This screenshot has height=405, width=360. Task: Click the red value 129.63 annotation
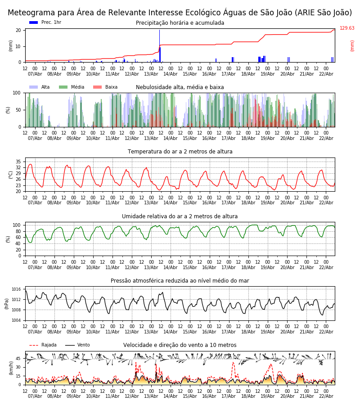point(346,28)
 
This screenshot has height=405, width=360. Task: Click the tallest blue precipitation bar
point(159,45)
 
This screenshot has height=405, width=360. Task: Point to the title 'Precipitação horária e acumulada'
point(180,23)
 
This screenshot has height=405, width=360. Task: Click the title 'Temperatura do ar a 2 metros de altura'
point(180,152)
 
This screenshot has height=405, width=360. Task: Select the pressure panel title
point(180,281)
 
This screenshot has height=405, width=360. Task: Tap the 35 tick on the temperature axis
point(18,162)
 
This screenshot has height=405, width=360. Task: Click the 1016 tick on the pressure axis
point(16,289)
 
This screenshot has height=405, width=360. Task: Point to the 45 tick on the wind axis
point(18,359)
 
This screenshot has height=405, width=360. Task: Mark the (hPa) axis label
point(6,303)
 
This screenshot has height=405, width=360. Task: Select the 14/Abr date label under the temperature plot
point(170,203)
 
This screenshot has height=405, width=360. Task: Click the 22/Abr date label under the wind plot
point(326,396)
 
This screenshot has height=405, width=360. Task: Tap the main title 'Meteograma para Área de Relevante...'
point(180,13)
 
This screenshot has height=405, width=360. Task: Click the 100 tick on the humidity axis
point(17,225)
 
